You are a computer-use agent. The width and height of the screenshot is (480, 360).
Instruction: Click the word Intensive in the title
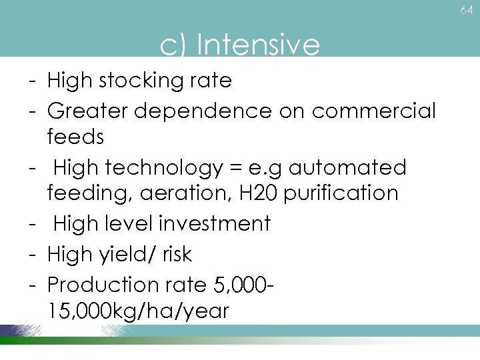click(x=259, y=45)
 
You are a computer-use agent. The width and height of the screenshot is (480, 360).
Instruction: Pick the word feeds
click(x=75, y=137)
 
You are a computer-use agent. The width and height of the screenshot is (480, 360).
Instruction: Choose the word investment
click(x=215, y=223)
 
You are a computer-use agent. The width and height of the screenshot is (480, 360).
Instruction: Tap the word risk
click(x=181, y=254)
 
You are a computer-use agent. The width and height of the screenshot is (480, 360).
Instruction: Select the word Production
click(x=99, y=285)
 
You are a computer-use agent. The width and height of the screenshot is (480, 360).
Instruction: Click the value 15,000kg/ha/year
click(x=138, y=311)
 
